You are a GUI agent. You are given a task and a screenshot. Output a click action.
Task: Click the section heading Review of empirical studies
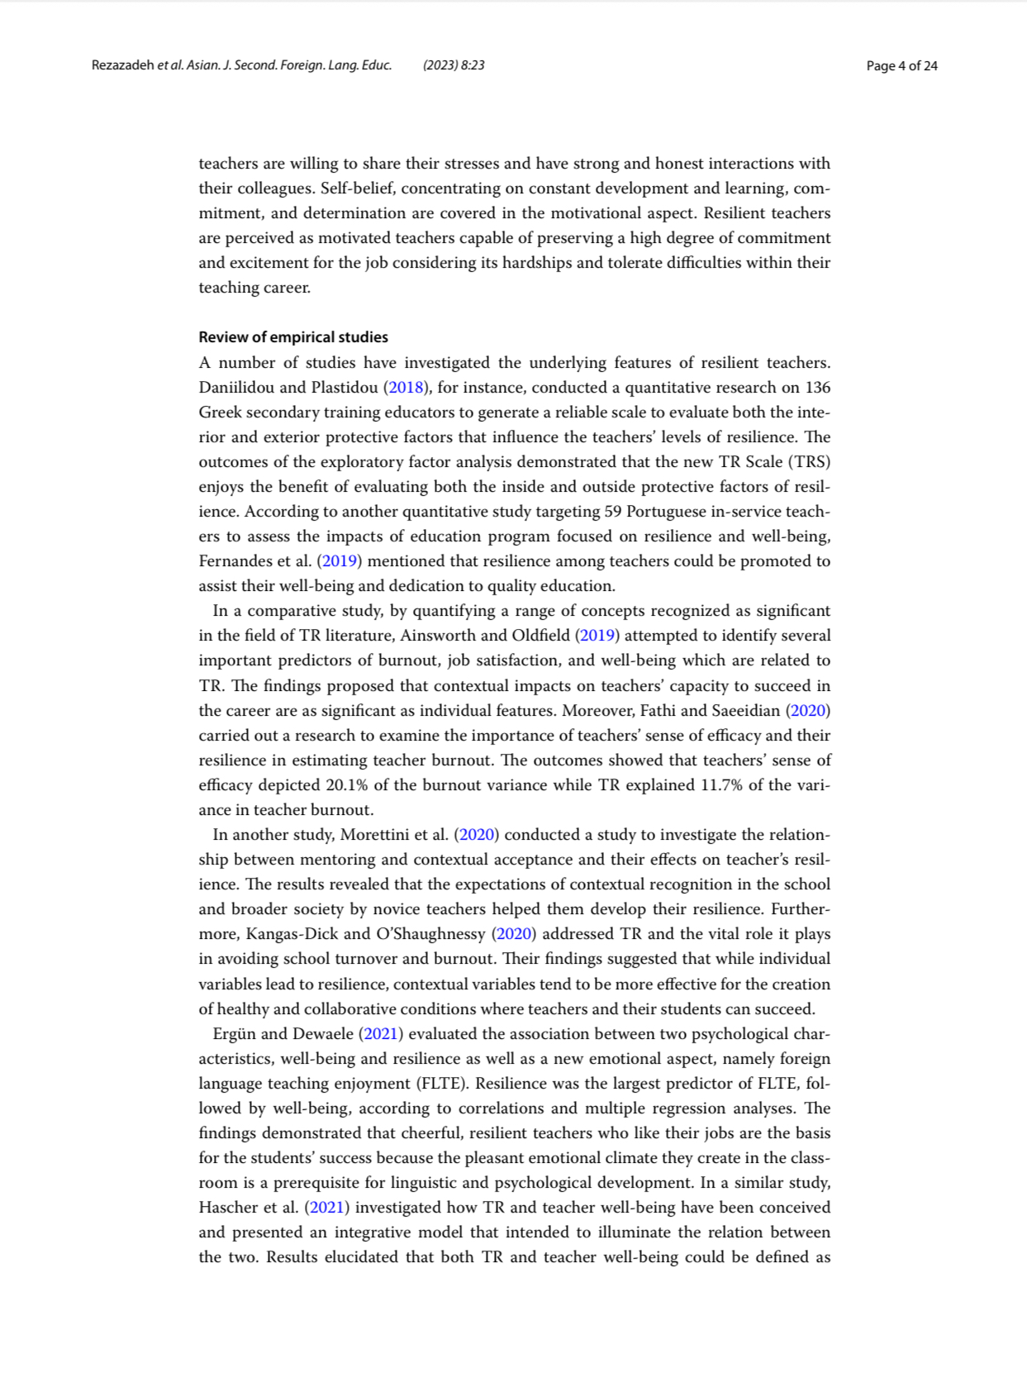[x=292, y=337]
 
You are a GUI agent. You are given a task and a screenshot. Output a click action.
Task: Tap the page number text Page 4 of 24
[x=901, y=66]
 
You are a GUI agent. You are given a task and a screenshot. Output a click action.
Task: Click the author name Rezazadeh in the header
[x=122, y=65]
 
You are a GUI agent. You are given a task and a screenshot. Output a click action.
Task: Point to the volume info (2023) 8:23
[x=454, y=65]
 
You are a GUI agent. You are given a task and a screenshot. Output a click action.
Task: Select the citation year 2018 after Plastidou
[x=406, y=388]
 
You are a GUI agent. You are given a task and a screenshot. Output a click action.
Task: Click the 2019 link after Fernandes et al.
[x=340, y=561]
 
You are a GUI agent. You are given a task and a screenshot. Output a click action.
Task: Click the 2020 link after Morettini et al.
[x=477, y=835]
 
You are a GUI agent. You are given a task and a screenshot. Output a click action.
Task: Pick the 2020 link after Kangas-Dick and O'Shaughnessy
[x=514, y=934]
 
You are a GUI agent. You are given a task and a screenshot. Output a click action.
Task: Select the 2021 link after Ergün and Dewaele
[x=381, y=1034]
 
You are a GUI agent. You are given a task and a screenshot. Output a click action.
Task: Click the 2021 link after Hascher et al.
[x=326, y=1208]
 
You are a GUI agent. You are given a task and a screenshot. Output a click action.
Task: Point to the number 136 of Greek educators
[x=817, y=388]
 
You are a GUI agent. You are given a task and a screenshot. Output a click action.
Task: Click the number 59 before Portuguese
[x=612, y=512]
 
